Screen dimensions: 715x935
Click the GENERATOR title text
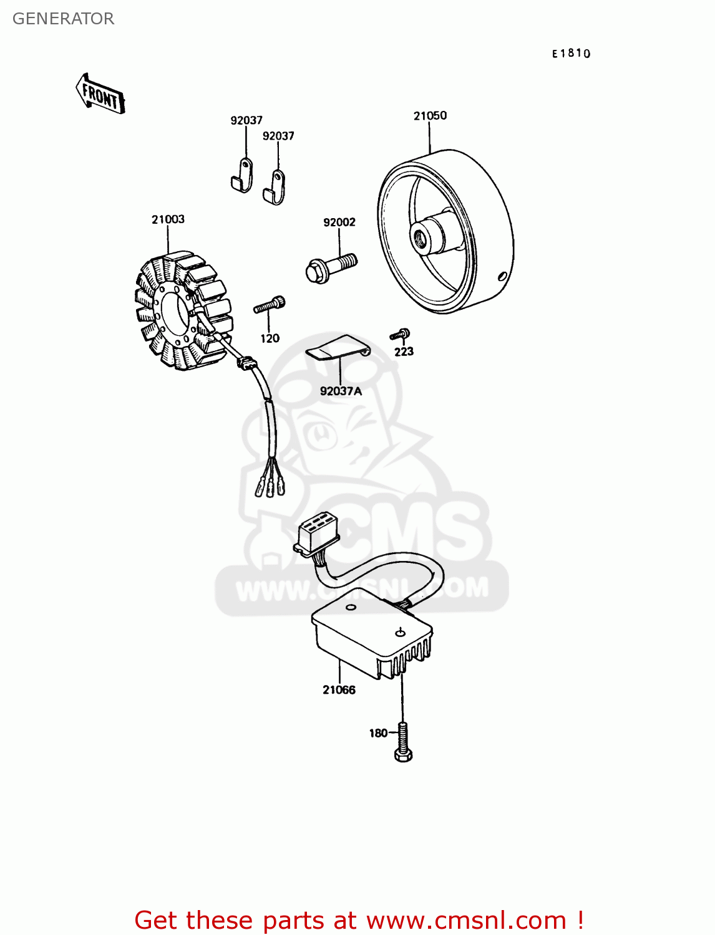point(63,19)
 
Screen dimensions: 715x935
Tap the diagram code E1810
point(570,54)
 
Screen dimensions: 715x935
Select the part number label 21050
point(430,116)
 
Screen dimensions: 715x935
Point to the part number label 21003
point(168,219)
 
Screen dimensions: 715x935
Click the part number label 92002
point(339,223)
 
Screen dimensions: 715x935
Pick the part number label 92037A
point(341,391)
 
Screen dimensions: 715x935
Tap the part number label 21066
point(339,690)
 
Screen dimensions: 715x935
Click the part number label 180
point(378,733)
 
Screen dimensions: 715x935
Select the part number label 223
point(404,352)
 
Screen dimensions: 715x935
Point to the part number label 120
point(270,338)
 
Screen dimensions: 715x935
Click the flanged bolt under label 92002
point(331,267)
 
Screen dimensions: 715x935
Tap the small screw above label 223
point(400,334)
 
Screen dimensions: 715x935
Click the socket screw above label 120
point(270,304)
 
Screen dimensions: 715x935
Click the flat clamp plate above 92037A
point(338,348)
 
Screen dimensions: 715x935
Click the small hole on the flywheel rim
point(503,277)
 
